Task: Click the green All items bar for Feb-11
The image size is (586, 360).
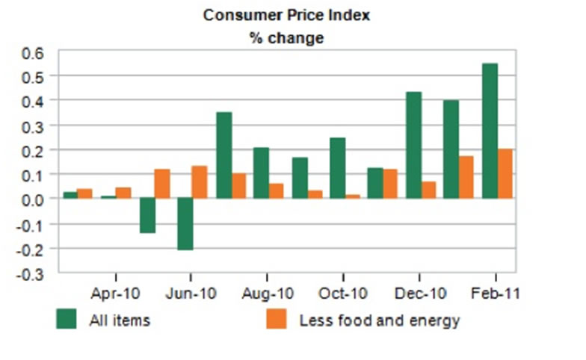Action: [x=490, y=131]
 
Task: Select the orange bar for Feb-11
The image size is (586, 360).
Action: [x=505, y=174]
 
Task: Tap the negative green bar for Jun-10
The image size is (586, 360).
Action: [x=185, y=224]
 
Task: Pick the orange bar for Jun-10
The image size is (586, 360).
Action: [x=200, y=182]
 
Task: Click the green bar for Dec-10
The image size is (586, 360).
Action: [x=413, y=145]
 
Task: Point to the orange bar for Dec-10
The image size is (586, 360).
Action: [x=428, y=190]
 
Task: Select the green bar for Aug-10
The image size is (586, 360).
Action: [x=261, y=173]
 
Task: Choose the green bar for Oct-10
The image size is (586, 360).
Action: [x=337, y=168]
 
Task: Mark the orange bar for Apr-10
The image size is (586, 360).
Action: [x=123, y=193]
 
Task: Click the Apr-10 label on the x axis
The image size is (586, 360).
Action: [x=117, y=294]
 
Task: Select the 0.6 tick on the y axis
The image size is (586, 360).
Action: [x=33, y=52]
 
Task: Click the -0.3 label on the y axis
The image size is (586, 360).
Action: [x=31, y=273]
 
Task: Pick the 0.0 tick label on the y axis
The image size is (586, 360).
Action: [x=33, y=199]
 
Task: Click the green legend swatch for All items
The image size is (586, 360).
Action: [x=67, y=320]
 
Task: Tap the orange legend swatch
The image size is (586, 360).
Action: [x=277, y=320]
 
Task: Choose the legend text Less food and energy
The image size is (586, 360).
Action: [x=379, y=321]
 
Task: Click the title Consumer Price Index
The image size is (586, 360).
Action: [x=286, y=15]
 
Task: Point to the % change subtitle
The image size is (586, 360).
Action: [x=286, y=38]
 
